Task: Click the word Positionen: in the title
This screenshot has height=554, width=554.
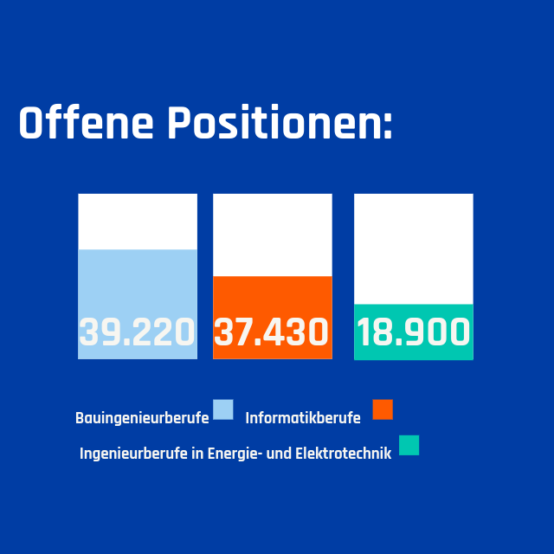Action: tap(280, 125)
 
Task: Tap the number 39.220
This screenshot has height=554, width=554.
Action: tap(138, 332)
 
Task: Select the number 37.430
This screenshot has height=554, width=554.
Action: tap(272, 332)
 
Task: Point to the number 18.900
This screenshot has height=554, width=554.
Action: tap(414, 332)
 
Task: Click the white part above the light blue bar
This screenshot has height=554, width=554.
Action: tap(138, 222)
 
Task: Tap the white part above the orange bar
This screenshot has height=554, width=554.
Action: tap(272, 235)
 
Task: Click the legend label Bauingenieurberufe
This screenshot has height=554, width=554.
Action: tap(142, 418)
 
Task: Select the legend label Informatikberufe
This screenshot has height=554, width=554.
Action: tap(303, 418)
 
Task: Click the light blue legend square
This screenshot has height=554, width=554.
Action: tap(223, 409)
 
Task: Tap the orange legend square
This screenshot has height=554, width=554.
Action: tap(383, 409)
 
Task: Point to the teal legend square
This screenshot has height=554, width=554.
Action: tap(409, 445)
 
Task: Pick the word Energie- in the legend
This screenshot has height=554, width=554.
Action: tap(233, 454)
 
